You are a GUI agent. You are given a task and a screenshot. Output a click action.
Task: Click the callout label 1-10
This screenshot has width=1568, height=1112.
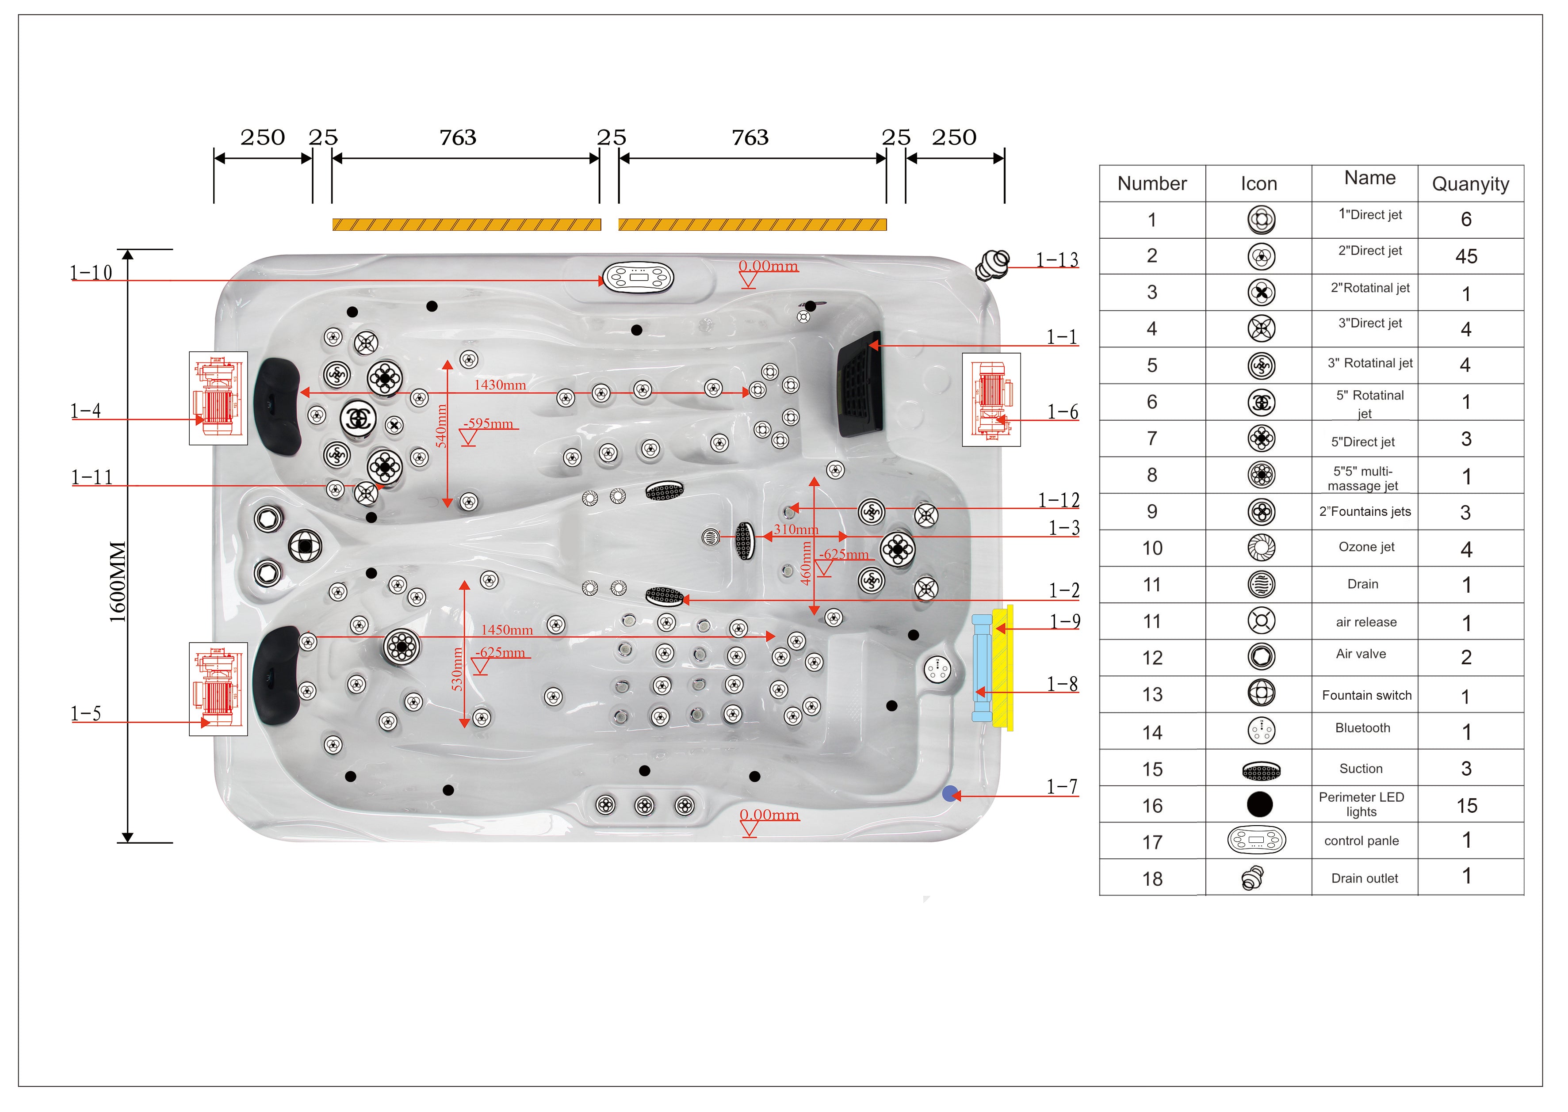[91, 273]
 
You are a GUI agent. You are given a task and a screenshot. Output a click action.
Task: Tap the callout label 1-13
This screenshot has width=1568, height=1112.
[1056, 260]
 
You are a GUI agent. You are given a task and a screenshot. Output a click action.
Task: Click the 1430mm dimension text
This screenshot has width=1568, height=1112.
[500, 385]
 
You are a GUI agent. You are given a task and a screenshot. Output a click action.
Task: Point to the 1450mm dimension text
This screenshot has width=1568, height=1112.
[507, 630]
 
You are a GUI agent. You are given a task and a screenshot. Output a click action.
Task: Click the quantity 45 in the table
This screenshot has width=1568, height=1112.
[1466, 257]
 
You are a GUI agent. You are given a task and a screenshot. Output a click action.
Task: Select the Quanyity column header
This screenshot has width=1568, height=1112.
[1470, 184]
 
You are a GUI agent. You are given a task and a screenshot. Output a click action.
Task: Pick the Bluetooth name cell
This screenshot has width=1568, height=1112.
[1362, 728]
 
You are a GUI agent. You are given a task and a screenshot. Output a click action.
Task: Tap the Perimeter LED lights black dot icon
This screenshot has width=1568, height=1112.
[1260, 804]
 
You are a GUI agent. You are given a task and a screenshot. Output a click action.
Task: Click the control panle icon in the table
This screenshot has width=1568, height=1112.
[1256, 840]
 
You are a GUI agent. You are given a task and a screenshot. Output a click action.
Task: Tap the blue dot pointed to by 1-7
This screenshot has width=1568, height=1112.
[949, 794]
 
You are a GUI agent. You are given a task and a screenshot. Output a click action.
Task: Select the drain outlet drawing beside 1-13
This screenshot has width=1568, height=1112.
[992, 265]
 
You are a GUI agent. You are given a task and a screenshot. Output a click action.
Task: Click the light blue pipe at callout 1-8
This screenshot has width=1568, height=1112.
[982, 668]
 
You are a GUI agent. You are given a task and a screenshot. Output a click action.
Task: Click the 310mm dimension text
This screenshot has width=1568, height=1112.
[796, 529]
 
